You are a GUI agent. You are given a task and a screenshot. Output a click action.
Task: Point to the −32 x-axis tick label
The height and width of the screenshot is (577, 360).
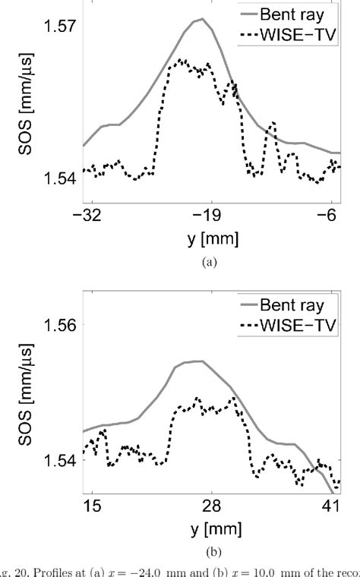pyautogui.click(x=90, y=216)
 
